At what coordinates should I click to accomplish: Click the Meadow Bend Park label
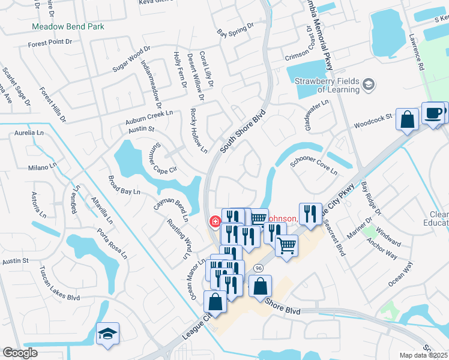68,26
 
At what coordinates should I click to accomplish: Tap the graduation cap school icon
107,335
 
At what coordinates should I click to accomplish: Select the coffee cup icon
433,112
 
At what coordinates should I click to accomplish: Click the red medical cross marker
214,222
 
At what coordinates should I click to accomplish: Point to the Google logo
20,353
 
